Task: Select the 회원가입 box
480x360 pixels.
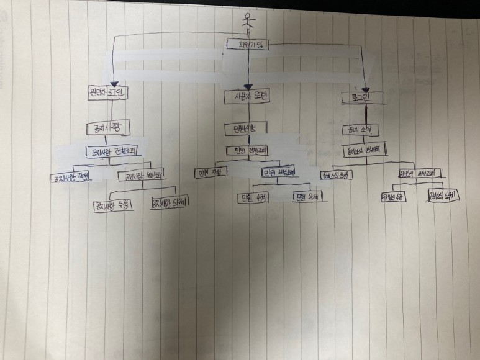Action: coord(248,44)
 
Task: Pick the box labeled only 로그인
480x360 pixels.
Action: coord(365,97)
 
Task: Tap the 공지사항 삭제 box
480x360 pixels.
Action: coord(170,202)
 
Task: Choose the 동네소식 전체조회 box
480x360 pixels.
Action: coord(365,150)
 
